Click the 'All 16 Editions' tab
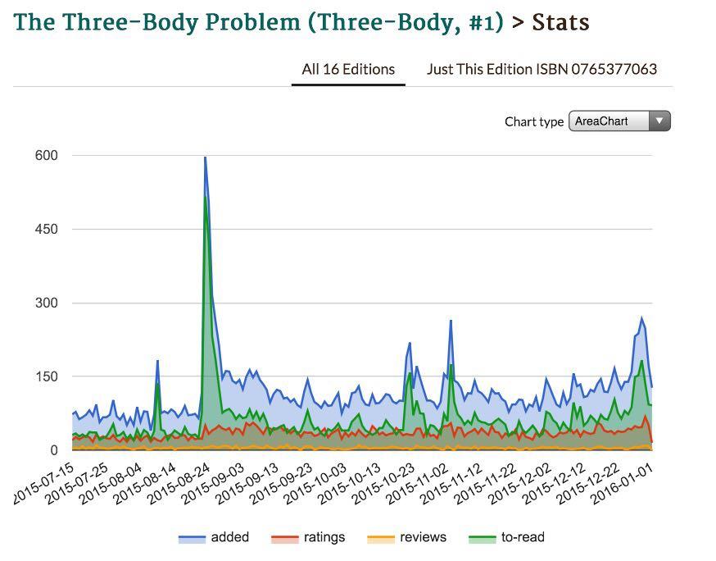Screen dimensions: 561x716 pyautogui.click(x=348, y=69)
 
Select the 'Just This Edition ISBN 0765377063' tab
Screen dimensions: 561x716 pyautogui.click(x=542, y=69)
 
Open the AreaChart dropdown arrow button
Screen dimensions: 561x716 pyautogui.click(x=659, y=121)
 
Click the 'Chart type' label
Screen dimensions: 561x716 pyautogui.click(x=534, y=121)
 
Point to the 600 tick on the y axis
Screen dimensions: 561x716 pyautogui.click(x=47, y=155)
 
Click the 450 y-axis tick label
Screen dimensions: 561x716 pyautogui.click(x=47, y=229)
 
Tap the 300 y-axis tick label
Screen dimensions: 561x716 pyautogui.click(x=47, y=303)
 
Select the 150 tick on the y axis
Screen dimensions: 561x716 pyautogui.click(x=47, y=376)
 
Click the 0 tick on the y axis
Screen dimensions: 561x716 pyautogui.click(x=54, y=450)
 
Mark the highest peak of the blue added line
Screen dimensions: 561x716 pyautogui.click(x=205, y=157)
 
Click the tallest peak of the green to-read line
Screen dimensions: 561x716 pyautogui.click(x=206, y=196)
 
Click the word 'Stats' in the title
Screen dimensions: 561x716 pyautogui.click(x=560, y=22)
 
